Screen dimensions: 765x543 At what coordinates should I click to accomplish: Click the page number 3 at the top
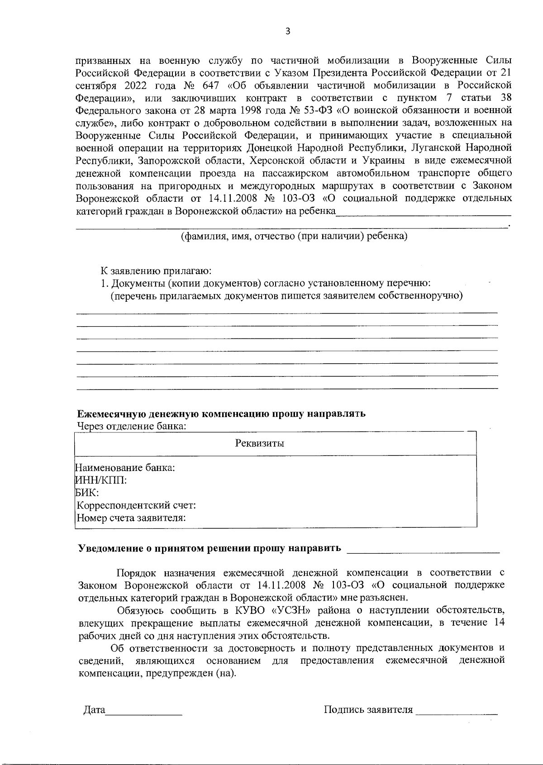(x=288, y=31)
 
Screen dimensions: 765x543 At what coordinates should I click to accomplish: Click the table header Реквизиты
(x=260, y=443)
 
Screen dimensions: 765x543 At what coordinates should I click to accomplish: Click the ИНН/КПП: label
(x=100, y=480)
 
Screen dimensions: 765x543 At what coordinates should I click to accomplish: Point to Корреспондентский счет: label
(x=136, y=505)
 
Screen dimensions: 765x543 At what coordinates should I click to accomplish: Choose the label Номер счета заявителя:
(x=131, y=518)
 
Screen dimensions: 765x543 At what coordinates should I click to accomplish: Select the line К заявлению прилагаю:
(x=156, y=271)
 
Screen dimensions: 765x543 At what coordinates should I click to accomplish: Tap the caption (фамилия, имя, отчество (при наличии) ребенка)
(x=294, y=237)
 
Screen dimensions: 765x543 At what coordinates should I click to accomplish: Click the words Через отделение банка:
(x=132, y=426)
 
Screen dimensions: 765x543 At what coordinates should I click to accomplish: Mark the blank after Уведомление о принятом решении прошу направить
(x=423, y=549)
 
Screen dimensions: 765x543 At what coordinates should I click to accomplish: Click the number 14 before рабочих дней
(x=499, y=622)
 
